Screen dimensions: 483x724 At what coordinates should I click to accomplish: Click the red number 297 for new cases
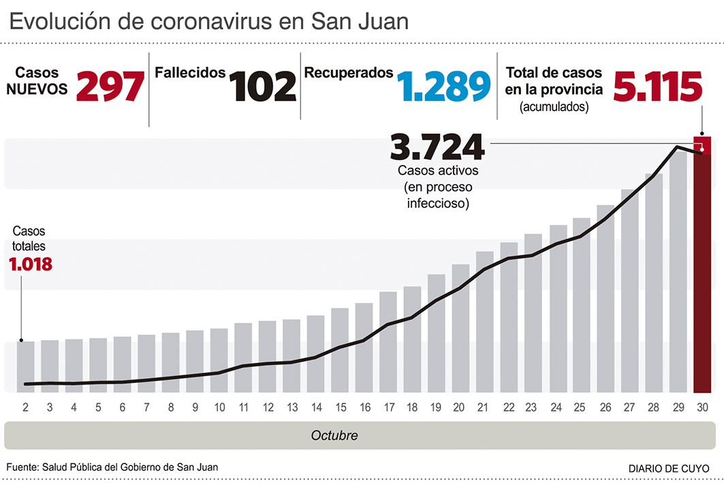click(x=111, y=87)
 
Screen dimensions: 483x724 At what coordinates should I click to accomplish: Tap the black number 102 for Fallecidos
click(x=263, y=87)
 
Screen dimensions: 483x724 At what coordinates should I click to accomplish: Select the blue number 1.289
click(x=443, y=87)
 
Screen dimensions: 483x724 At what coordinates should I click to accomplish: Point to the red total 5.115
click(x=657, y=87)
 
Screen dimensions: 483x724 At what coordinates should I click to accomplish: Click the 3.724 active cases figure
click(x=437, y=146)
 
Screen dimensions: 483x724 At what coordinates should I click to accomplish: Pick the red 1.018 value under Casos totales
click(x=31, y=264)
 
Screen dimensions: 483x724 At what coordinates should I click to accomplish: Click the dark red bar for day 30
click(x=702, y=272)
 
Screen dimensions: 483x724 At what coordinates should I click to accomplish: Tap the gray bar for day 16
click(x=364, y=347)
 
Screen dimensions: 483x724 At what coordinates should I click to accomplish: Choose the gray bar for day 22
click(x=509, y=317)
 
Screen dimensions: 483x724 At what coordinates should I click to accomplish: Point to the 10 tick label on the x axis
click(x=219, y=407)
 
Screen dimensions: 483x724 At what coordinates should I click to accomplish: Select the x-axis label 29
click(x=678, y=407)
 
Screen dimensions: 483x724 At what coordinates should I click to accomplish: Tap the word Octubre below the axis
click(x=334, y=435)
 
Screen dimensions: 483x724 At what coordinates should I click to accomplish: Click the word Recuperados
click(x=349, y=72)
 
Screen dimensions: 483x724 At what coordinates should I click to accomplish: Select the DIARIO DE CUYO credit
click(x=667, y=469)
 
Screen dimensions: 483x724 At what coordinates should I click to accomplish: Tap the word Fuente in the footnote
click(x=21, y=467)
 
